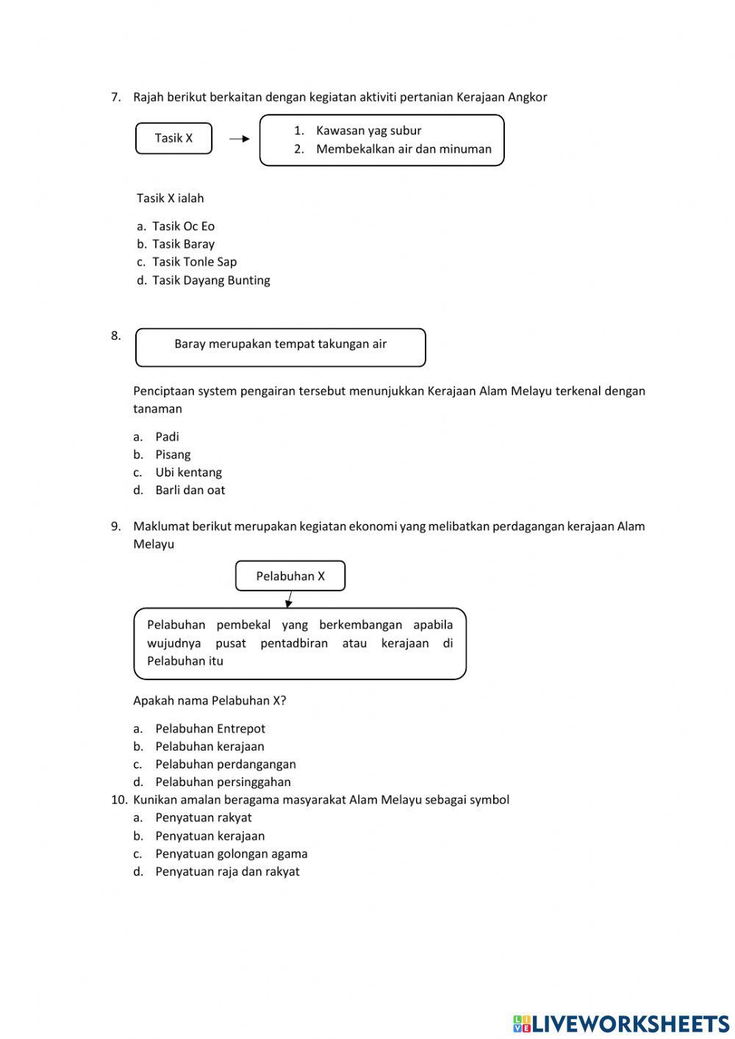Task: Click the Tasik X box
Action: pos(173,138)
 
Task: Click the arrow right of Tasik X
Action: pos(240,138)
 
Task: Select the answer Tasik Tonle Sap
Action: pos(194,262)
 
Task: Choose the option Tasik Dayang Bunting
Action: pos(211,280)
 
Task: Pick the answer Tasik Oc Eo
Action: pos(183,226)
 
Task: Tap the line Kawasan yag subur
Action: pos(368,131)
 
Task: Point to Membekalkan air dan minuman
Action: pos(404,149)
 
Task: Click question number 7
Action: pos(115,97)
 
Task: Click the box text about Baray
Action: pos(280,344)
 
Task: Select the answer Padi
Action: pos(167,437)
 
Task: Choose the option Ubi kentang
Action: pos(188,473)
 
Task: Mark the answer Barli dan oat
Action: pos(190,490)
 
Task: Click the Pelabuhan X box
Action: pos(290,576)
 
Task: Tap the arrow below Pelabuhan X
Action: pos(290,599)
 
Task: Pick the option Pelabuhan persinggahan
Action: pos(223,782)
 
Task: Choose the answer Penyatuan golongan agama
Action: pos(231,854)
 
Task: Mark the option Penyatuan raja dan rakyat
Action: pos(227,872)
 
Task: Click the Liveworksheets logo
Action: pos(621,1024)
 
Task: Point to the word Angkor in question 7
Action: pos(527,97)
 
